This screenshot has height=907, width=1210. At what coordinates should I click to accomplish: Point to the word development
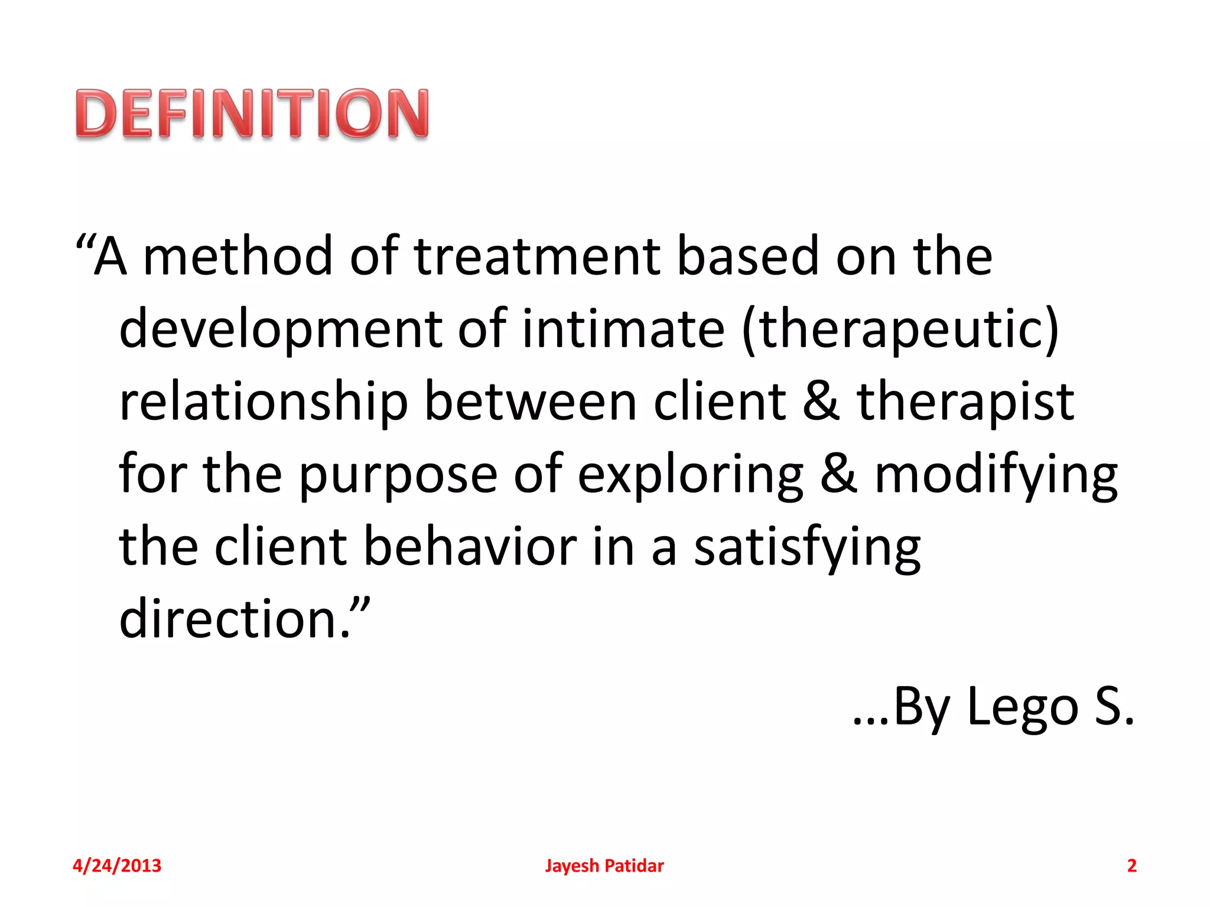point(281,329)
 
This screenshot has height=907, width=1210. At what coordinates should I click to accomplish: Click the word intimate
point(623,329)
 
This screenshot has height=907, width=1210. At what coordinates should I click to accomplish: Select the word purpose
point(398,475)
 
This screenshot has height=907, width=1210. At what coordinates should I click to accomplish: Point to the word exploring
point(690,475)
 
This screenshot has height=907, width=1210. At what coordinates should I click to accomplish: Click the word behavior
point(470,547)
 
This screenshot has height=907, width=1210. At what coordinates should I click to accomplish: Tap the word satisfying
point(807,547)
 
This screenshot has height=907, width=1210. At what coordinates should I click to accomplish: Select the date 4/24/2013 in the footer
point(117,866)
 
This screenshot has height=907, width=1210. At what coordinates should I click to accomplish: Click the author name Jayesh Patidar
point(604,866)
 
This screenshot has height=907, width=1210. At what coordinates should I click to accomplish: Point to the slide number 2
point(1131,866)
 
